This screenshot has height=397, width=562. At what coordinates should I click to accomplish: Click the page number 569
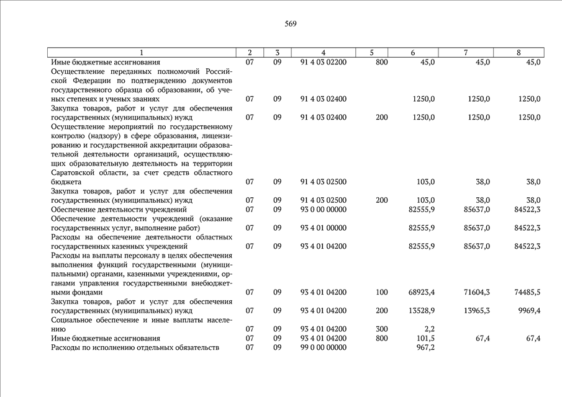coord(291,24)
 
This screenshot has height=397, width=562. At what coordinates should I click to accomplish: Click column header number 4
coord(324,53)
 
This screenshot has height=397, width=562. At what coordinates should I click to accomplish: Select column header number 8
coord(519,53)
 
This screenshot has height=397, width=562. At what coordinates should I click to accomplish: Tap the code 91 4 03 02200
coord(324,62)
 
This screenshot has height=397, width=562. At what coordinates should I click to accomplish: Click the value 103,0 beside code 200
coord(425,200)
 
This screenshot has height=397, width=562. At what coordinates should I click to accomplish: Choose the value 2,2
coord(429,329)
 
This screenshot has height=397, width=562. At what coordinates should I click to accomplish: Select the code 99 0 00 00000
coord(324,347)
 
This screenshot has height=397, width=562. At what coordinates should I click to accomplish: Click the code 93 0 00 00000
coord(324,210)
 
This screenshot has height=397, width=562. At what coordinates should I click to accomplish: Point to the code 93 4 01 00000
coord(324,228)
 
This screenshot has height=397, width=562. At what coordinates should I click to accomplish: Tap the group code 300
coord(382,329)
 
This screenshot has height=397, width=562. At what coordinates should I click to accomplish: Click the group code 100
coord(382,292)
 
